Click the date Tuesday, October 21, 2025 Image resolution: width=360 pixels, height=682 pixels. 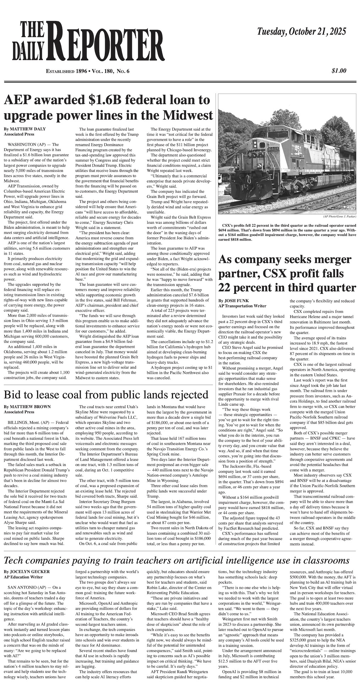(x=301, y=32)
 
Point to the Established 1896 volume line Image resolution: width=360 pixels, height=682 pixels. (x=88, y=71)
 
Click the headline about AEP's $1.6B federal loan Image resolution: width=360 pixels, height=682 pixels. (x=108, y=108)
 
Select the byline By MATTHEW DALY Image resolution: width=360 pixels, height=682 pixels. (x=24, y=129)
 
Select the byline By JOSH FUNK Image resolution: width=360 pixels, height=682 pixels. (x=234, y=301)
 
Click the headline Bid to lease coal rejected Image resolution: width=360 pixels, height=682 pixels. (x=106, y=395)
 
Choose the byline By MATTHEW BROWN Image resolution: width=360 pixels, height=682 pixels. (x=27, y=407)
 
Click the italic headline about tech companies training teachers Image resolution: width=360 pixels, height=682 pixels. (x=176, y=561)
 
